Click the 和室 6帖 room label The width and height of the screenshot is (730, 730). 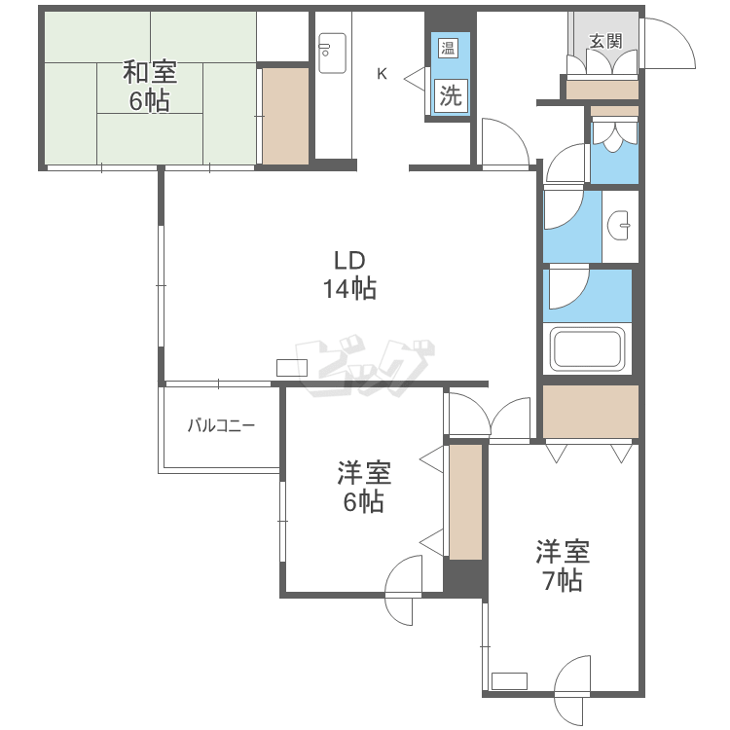pyautogui.click(x=150, y=87)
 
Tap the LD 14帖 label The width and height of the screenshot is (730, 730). pyautogui.click(x=349, y=274)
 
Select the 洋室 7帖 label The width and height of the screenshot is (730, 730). pyautogui.click(x=563, y=566)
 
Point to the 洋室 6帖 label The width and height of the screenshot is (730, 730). pyautogui.click(x=364, y=487)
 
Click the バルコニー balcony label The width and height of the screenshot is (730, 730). pyautogui.click(x=221, y=425)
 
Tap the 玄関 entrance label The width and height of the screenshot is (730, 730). pyautogui.click(x=605, y=41)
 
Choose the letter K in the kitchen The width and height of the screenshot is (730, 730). pyautogui.click(x=382, y=74)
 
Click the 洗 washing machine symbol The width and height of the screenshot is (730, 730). pyautogui.click(x=451, y=96)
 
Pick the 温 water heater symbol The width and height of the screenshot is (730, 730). pyautogui.click(x=448, y=48)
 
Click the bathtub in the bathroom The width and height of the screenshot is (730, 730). pyautogui.click(x=587, y=348)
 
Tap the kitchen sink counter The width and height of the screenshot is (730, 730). pyautogui.click(x=333, y=54)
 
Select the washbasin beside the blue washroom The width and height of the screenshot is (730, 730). pyautogui.click(x=618, y=226)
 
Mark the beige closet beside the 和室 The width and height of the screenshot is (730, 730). pyautogui.click(x=285, y=116)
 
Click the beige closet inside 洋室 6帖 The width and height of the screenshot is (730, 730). pyautogui.click(x=465, y=502)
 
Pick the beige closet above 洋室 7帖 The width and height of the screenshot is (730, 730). pyautogui.click(x=591, y=412)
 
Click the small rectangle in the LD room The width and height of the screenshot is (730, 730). pyautogui.click(x=292, y=368)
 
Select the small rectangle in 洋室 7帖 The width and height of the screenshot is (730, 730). pyautogui.click(x=509, y=681)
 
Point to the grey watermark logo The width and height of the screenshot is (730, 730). pyautogui.click(x=365, y=365)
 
